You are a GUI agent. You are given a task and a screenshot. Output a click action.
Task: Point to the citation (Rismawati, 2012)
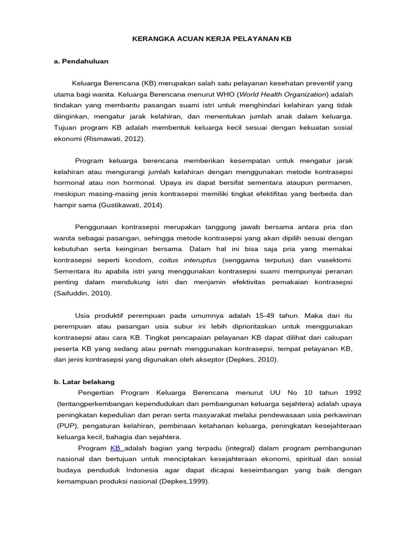pyautogui.click(x=114, y=139)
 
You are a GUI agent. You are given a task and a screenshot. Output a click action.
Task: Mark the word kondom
pyautogui.click(x=139, y=260)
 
